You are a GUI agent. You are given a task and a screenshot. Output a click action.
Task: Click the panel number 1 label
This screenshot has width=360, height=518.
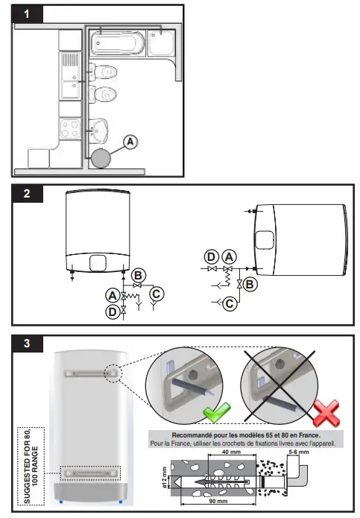click(27, 14)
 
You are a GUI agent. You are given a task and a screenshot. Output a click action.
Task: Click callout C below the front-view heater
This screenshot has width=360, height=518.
click(156, 294)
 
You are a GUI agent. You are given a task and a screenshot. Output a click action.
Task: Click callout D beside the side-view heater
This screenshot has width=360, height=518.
click(212, 256)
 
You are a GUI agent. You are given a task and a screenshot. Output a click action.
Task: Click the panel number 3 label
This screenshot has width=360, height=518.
click(27, 344)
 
